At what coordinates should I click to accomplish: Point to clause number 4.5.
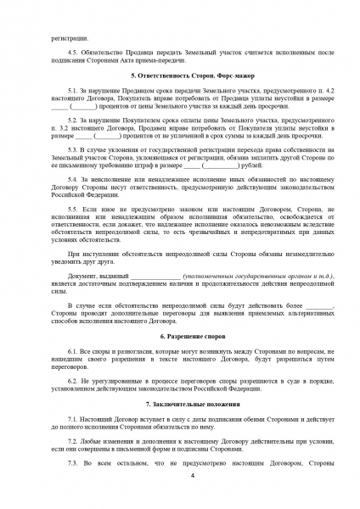tap(73, 52)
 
